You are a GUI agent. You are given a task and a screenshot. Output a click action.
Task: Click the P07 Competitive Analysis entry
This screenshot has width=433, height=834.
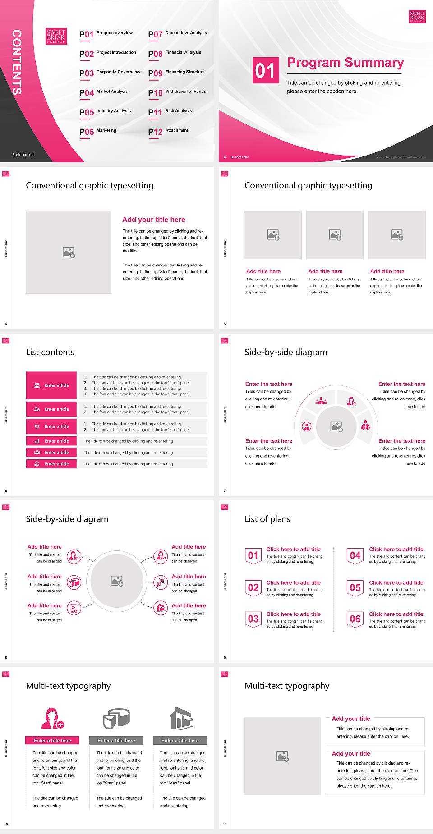coord(178,34)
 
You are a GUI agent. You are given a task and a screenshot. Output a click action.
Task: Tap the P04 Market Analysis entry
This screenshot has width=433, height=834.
coord(104,92)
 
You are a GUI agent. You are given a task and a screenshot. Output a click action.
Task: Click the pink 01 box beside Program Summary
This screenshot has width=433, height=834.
coord(266,70)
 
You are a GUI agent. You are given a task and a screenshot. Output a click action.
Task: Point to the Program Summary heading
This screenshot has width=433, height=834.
coord(345,63)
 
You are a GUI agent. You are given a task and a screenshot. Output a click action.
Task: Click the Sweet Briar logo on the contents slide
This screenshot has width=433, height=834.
coord(56,36)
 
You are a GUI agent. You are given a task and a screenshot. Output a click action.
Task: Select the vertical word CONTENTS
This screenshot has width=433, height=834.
coord(17,62)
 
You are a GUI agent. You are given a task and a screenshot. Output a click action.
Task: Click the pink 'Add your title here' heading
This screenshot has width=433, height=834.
coord(153,220)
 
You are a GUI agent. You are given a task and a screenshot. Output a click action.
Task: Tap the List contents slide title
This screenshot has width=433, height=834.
coord(50,352)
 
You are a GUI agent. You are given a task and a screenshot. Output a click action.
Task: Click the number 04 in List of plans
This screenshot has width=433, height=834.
coord(355,555)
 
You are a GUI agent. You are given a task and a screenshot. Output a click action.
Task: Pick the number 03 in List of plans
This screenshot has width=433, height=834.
coord(253,619)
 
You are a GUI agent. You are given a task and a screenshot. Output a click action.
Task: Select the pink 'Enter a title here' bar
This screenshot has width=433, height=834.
coord(52,740)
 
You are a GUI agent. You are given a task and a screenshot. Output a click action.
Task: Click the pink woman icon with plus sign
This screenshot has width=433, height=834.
coord(53,718)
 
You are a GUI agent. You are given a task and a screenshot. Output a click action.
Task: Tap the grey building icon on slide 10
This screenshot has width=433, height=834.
coord(182,718)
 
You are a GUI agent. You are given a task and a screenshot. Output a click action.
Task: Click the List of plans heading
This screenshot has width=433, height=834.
coord(267,519)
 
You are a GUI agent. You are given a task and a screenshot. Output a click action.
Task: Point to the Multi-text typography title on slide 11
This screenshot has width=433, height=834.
coord(287,686)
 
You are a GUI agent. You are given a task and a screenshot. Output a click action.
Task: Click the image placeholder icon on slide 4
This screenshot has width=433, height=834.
coord(69,252)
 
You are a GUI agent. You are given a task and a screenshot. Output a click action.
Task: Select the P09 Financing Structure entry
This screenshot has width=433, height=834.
coord(176,73)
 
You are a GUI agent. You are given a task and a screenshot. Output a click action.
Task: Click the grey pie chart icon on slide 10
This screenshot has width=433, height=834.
coord(117,718)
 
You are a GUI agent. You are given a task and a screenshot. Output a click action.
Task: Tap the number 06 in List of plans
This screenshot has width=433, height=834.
coord(355,619)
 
